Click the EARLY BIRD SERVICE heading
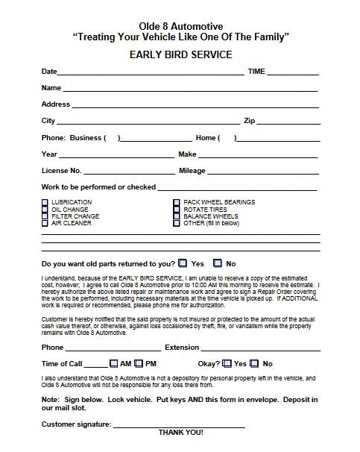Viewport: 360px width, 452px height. pyautogui.click(x=180, y=54)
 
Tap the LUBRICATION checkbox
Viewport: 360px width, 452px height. pyautogui.click(x=45, y=202)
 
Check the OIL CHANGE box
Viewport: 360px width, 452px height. pyautogui.click(x=45, y=210)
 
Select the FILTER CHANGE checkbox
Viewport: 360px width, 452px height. pyautogui.click(x=45, y=216)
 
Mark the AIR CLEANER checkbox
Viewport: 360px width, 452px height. pyautogui.click(x=45, y=223)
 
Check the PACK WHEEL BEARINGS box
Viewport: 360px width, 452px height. pyautogui.click(x=177, y=202)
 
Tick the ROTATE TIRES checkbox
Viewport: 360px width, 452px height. pyautogui.click(x=177, y=210)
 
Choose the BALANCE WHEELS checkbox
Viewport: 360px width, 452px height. pyautogui.click(x=177, y=216)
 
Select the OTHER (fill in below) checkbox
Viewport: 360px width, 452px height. pyautogui.click(x=177, y=223)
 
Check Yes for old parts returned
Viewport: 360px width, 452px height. pyautogui.click(x=183, y=263)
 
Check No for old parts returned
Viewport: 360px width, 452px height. pyautogui.click(x=218, y=263)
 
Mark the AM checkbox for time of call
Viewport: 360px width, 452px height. pyautogui.click(x=113, y=363)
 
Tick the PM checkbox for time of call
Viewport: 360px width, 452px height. pyautogui.click(x=139, y=363)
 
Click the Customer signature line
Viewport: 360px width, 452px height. pyautogui.click(x=179, y=424)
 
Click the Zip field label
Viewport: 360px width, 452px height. pyautogui.click(x=250, y=121)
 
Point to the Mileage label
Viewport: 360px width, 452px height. pyautogui.click(x=192, y=171)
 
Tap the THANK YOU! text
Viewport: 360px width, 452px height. pyautogui.click(x=180, y=433)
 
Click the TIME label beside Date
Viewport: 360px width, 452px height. pyautogui.click(x=256, y=72)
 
